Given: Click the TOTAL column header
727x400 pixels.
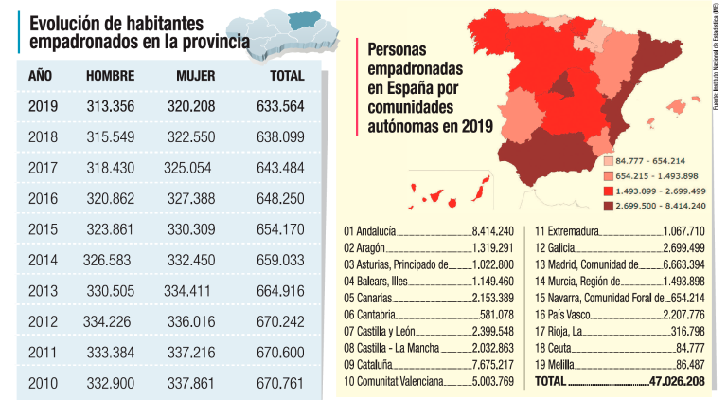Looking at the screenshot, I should pyautogui.click(x=286, y=76).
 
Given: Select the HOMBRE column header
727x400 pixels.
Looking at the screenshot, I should pyautogui.click(x=110, y=76).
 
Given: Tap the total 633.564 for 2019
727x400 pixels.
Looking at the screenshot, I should pyautogui.click(x=280, y=106).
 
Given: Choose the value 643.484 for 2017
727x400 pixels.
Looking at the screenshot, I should pyautogui.click(x=280, y=168).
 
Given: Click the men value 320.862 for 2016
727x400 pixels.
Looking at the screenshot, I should pyautogui.click(x=112, y=198).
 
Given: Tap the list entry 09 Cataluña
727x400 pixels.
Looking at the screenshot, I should pyautogui.click(x=370, y=365).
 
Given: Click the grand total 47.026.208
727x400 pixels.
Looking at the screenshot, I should pyautogui.click(x=678, y=381).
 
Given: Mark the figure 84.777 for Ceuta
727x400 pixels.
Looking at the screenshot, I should pyautogui.click(x=686, y=348).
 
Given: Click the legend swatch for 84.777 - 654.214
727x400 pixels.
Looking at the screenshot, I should pyautogui.click(x=608, y=162).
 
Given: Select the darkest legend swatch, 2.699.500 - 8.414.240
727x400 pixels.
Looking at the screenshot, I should pyautogui.click(x=608, y=205).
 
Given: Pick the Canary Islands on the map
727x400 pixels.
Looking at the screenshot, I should pyautogui.click(x=445, y=192).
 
